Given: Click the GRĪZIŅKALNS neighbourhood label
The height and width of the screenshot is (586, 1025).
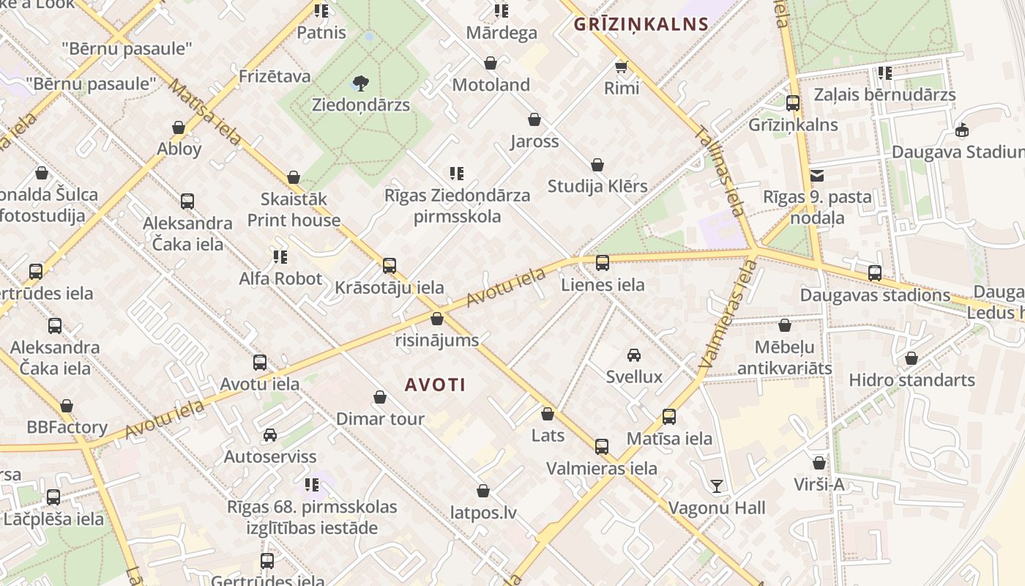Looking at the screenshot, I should tap(641, 24).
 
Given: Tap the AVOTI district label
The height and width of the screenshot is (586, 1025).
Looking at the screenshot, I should tap(435, 385).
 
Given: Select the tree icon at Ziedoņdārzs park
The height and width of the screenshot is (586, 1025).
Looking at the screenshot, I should tap(360, 83).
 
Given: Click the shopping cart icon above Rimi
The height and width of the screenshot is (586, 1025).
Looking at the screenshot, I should tap(621, 67).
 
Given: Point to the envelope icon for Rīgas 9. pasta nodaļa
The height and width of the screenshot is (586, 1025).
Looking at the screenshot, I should tap(817, 176).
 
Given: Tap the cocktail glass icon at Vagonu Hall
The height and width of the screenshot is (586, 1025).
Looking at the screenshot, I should tap(716, 486).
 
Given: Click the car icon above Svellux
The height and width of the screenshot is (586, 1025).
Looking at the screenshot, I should tap(634, 356).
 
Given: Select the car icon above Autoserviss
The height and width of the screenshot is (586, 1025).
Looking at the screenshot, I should tap(270, 435).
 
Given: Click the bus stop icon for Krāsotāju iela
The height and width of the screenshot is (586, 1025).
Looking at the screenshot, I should tap(389, 265).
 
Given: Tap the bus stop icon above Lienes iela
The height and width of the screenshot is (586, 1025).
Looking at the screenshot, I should tap(603, 262).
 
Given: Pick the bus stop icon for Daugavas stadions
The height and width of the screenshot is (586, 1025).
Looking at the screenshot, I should tap(875, 273).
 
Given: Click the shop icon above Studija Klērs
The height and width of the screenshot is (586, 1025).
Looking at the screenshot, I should tap(597, 165).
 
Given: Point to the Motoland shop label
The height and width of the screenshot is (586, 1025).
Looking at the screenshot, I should tap(491, 85).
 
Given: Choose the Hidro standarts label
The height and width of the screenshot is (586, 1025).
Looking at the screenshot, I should tap(912, 380).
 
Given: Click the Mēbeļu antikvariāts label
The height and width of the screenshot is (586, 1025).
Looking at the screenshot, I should tap(784, 356).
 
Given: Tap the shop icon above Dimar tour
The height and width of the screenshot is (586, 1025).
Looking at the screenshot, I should tap(380, 397).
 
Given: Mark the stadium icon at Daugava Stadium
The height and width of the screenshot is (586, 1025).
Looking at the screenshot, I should tap(962, 130).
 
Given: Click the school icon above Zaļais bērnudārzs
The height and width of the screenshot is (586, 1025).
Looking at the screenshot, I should tap(884, 73).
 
